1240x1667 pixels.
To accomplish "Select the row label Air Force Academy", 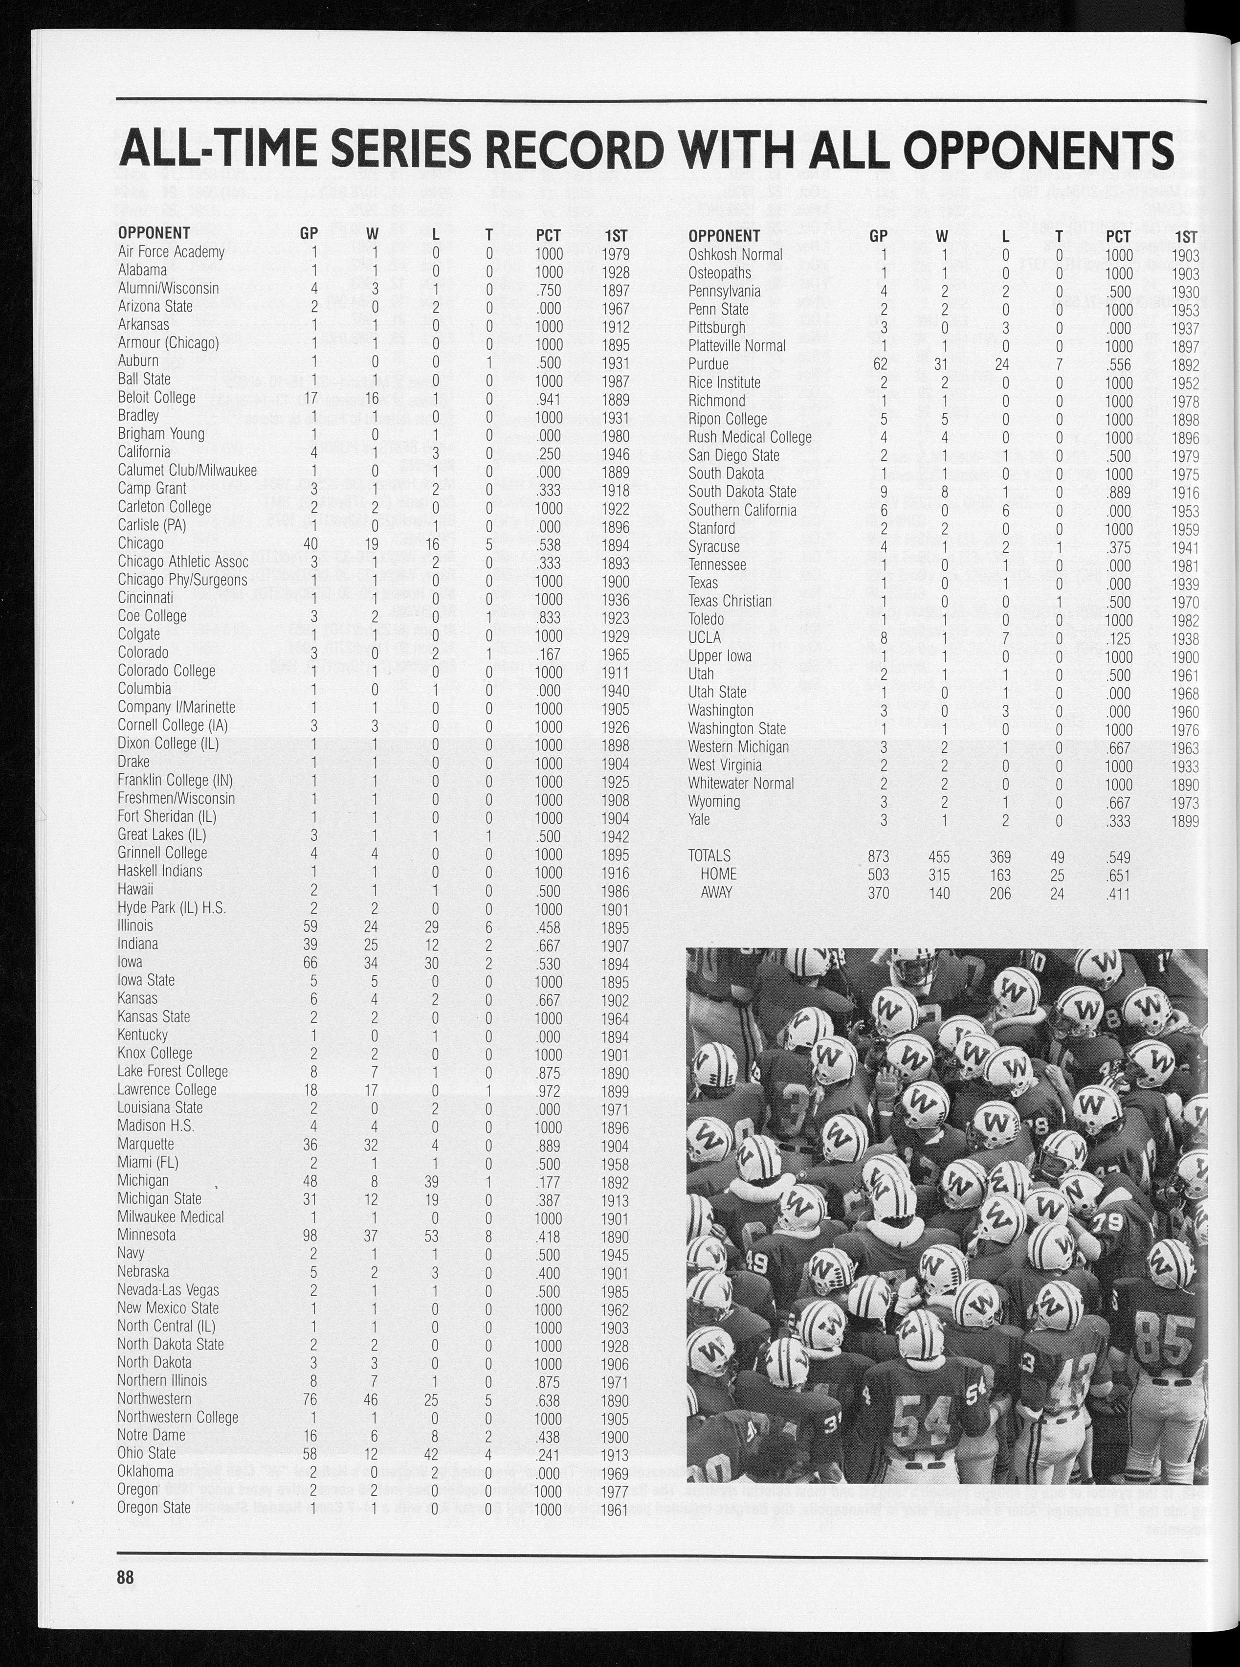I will pos(171,251).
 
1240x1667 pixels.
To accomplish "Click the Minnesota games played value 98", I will pos(309,1235).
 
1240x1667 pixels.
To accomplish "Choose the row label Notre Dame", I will pos(151,1435).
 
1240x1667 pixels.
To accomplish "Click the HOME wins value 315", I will pos(938,875).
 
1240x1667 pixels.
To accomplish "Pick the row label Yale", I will pos(699,819).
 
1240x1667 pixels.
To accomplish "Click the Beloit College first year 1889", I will pos(616,398).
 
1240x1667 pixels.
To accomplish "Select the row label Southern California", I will pos(742,511).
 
